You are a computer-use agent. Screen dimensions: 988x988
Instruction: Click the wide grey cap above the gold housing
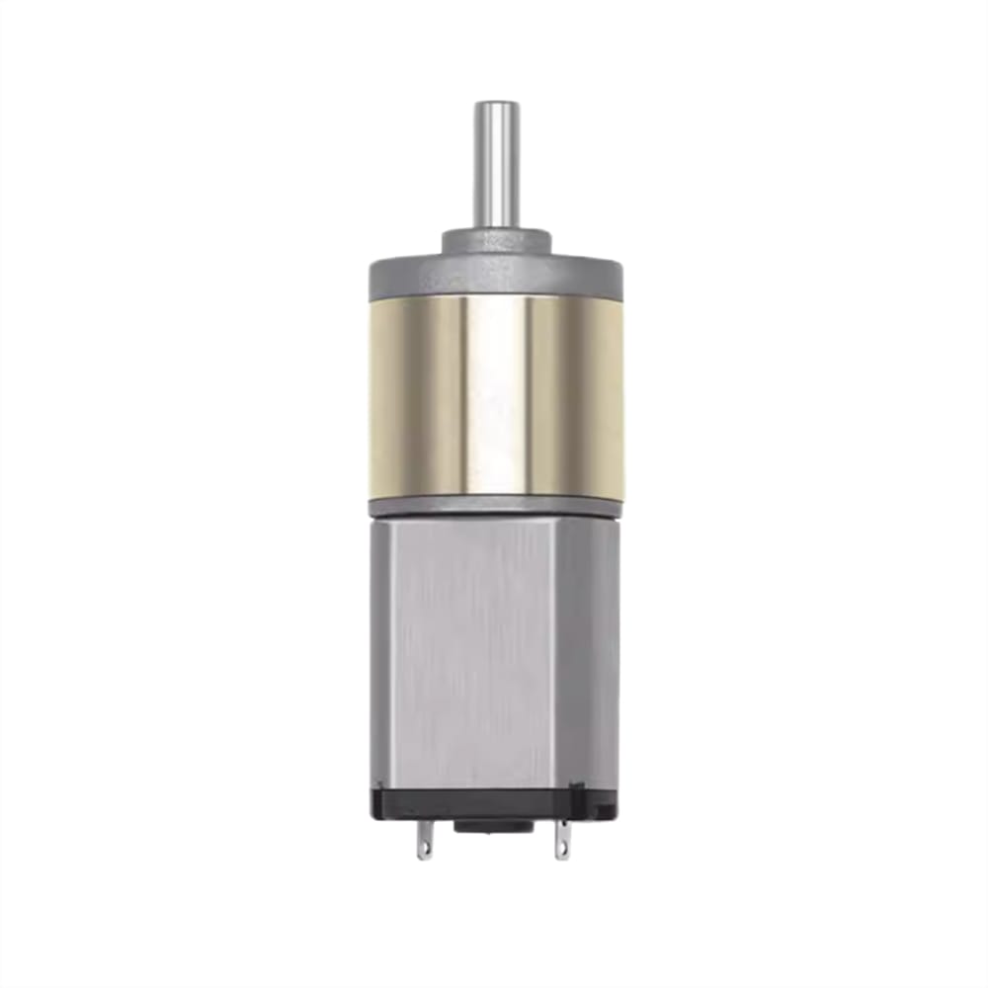[495, 277]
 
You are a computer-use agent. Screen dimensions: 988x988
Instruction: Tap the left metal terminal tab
[424, 840]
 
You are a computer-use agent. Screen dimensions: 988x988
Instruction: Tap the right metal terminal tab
[563, 840]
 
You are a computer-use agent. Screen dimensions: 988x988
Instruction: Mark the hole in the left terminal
[424, 847]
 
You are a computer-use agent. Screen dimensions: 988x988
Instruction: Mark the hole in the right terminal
[563, 847]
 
